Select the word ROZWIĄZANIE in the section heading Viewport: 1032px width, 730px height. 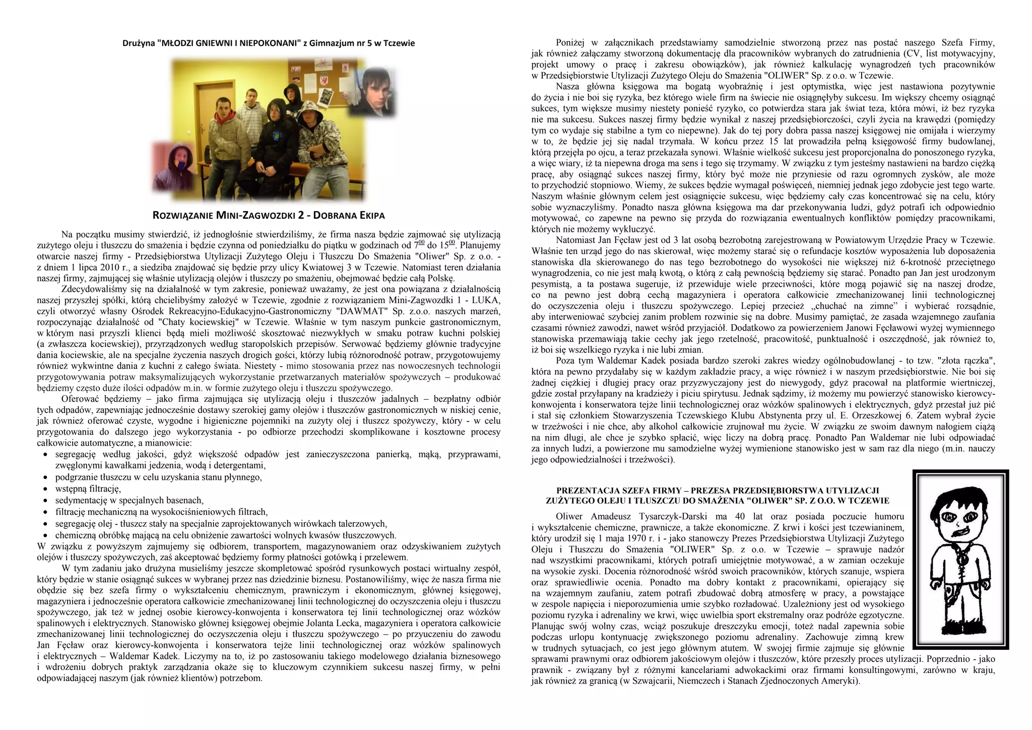[183, 216]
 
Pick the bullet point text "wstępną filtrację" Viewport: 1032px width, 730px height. [88, 489]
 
